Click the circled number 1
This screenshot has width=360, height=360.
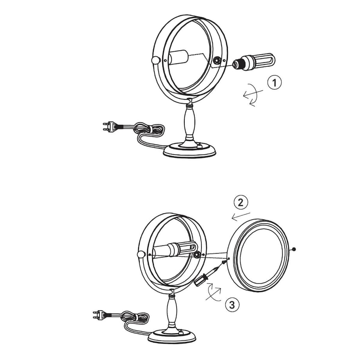(274, 83)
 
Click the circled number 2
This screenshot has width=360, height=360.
(241, 203)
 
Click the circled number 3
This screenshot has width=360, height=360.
(232, 305)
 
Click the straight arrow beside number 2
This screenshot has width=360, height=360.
(241, 216)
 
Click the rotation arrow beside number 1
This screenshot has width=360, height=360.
(252, 95)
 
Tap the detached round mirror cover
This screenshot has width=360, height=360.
(258, 255)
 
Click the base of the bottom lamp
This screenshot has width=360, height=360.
(172, 337)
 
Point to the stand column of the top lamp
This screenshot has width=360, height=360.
(190, 121)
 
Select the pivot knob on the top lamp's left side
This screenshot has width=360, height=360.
(156, 61)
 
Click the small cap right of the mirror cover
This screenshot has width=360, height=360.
(294, 249)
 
